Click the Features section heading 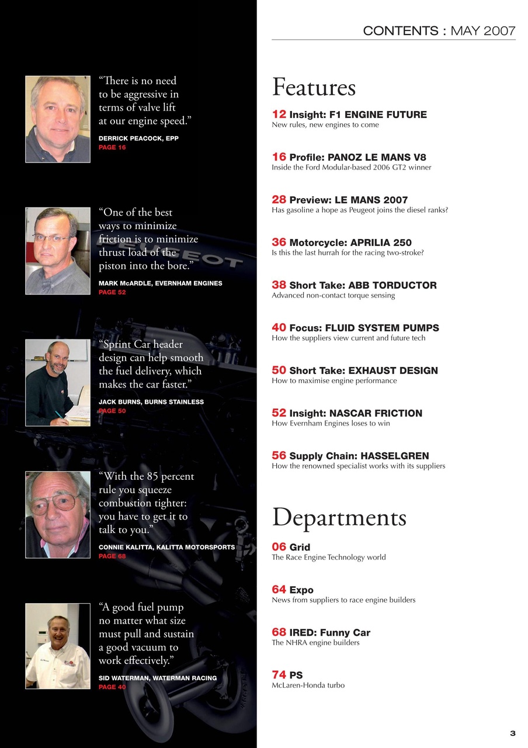[x=314, y=88]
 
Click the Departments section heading [x=339, y=517]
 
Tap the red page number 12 [x=279, y=114]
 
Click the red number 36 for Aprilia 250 [x=279, y=242]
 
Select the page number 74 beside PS [x=279, y=675]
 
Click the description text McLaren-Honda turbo [x=308, y=685]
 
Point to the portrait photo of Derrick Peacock [x=58, y=119]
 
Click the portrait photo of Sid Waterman [x=58, y=646]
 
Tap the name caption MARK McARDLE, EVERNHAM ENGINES [x=160, y=283]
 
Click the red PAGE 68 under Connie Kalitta [x=112, y=556]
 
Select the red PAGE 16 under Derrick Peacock [x=112, y=148]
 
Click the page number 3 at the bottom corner [x=512, y=733]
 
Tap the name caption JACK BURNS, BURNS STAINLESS [x=151, y=402]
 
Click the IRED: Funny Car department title [x=329, y=632]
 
